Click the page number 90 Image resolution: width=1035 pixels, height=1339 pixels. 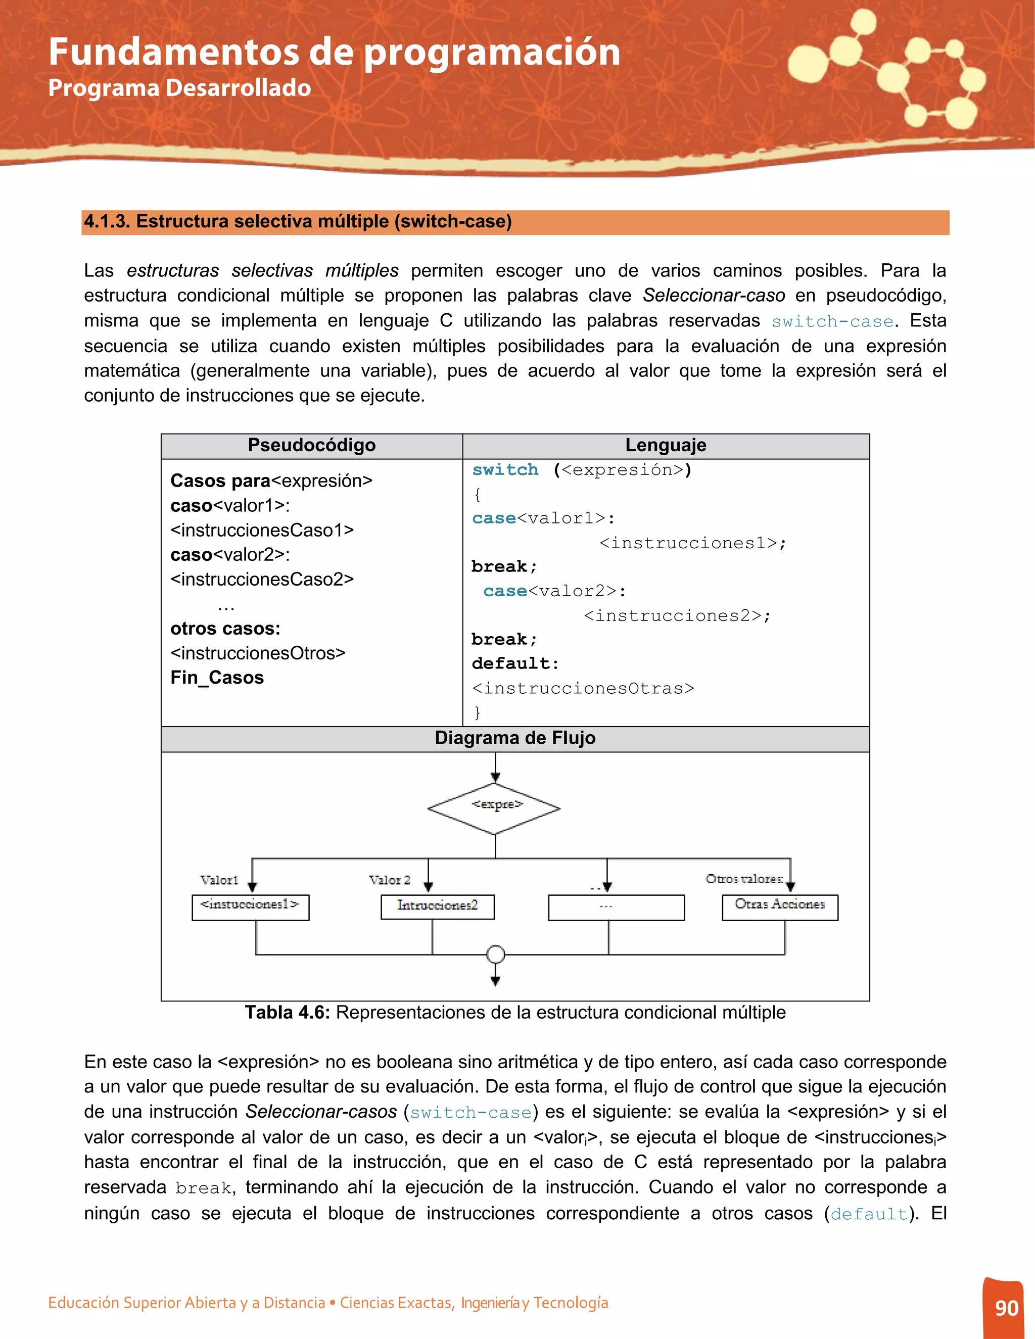tap(1006, 1308)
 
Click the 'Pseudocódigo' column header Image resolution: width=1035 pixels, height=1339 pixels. tap(311, 445)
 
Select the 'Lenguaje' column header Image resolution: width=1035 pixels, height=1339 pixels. tap(665, 445)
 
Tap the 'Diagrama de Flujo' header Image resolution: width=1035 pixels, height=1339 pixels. tap(514, 738)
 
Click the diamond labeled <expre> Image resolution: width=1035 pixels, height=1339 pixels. tap(494, 808)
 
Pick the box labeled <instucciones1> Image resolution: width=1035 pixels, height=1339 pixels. tap(250, 907)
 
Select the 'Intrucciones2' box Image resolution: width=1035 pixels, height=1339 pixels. tap(437, 906)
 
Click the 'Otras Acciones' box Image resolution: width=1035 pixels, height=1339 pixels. tap(779, 907)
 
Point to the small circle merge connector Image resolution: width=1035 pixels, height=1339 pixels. tap(495, 954)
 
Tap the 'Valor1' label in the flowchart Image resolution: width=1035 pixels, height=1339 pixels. tap(219, 880)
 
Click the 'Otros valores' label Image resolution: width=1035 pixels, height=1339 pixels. tap(744, 879)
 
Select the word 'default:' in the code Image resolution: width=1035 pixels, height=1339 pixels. tap(515, 663)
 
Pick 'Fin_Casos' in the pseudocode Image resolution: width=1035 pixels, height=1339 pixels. tap(217, 678)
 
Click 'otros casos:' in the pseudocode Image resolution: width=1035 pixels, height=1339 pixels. tap(225, 629)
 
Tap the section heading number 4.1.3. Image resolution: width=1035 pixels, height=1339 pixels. tap(107, 221)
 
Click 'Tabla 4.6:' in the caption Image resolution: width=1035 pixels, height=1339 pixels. tap(287, 1012)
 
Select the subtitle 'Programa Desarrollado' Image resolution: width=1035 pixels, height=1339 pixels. tap(179, 88)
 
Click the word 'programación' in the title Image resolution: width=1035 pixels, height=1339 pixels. tap(492, 53)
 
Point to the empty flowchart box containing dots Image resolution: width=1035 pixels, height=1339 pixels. tap(616, 907)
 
